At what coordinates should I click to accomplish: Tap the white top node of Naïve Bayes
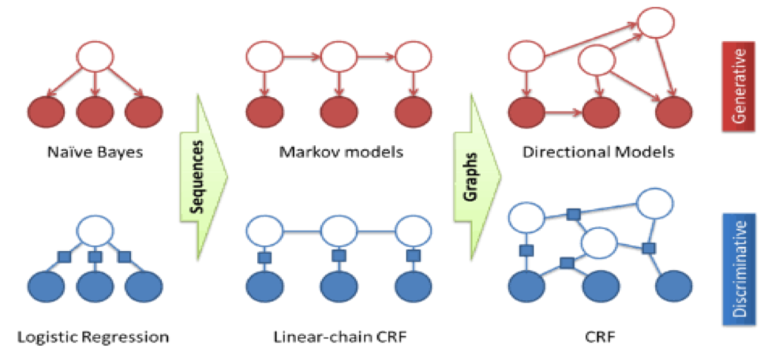pyautogui.click(x=95, y=58)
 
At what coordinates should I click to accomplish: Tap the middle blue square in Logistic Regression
pyautogui.click(x=95, y=257)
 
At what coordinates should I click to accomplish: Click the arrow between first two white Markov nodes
pyautogui.click(x=302, y=57)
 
